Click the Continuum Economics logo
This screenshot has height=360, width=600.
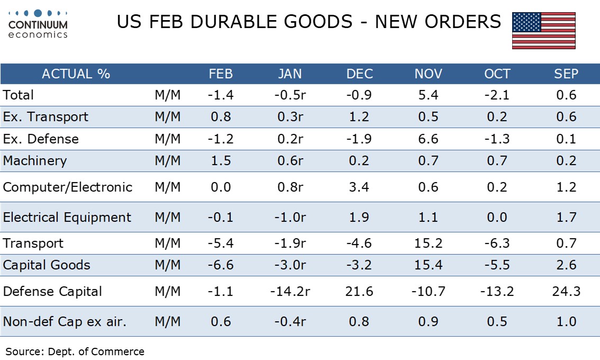(38, 24)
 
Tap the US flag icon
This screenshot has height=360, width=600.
(543, 31)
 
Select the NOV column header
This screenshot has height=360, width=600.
(428, 74)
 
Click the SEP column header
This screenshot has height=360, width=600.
(566, 74)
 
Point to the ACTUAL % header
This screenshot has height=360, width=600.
(76, 74)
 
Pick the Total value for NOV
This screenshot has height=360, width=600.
(428, 95)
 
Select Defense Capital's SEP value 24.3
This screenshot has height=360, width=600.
(566, 292)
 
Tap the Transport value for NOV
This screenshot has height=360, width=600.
(428, 244)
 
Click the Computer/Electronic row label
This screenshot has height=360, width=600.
(68, 187)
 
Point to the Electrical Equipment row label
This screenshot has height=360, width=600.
(67, 218)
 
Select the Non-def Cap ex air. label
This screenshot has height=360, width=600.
(65, 321)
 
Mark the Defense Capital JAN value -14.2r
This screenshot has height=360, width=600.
(290, 292)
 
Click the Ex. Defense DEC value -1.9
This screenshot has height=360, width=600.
(359, 139)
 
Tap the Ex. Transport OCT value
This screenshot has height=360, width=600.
(497, 117)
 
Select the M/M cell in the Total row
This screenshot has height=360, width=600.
(168, 95)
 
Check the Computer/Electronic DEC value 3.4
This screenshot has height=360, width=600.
(359, 187)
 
